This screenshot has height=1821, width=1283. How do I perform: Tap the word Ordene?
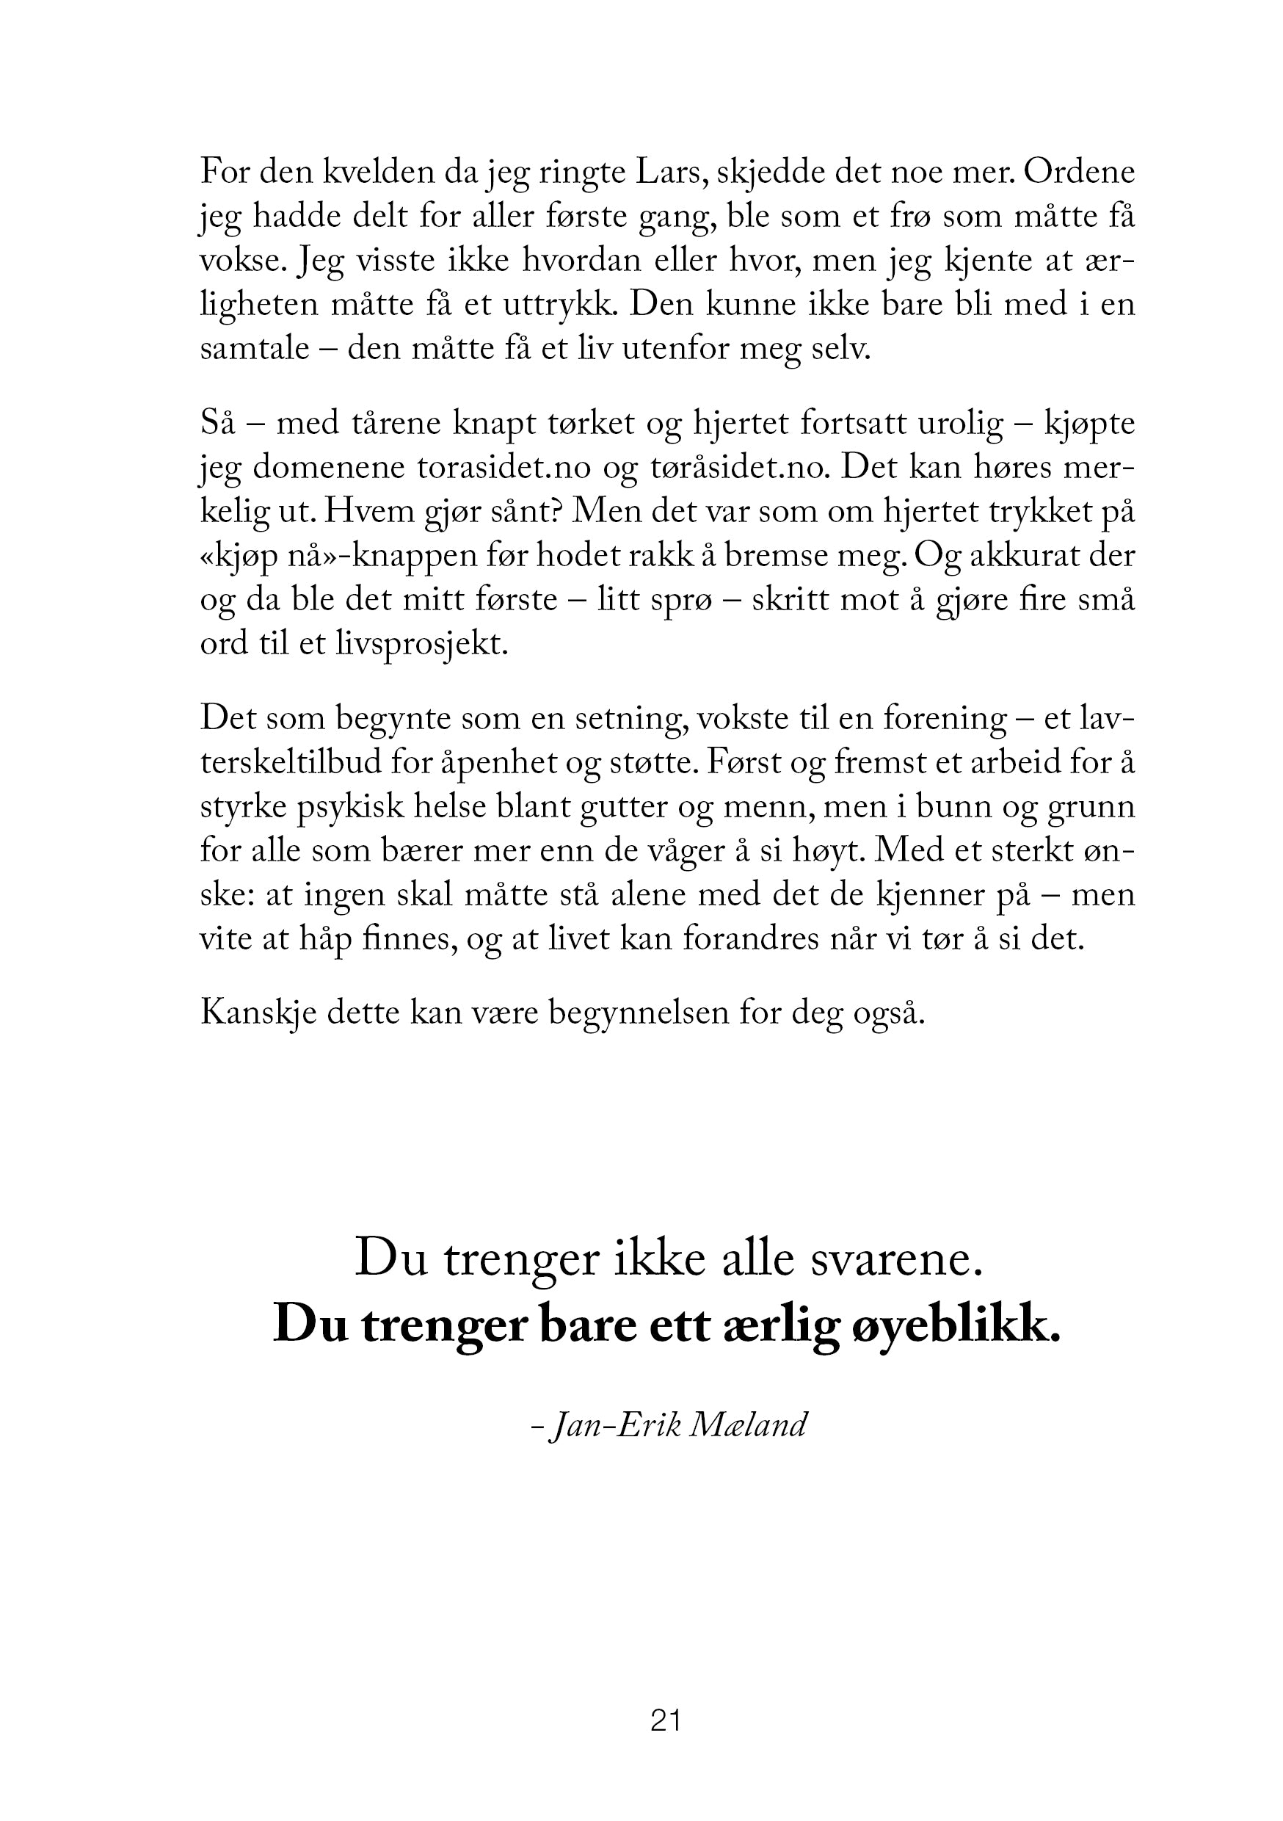click(1079, 172)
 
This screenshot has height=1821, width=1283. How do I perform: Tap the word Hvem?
click(363, 513)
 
